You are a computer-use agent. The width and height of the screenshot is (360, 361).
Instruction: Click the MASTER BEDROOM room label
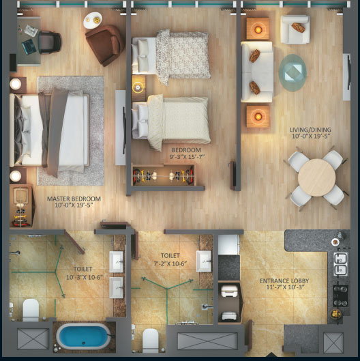[74, 199]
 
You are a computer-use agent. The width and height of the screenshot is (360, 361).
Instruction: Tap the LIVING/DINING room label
[310, 130]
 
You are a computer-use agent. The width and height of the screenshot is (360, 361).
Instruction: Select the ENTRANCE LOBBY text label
[284, 281]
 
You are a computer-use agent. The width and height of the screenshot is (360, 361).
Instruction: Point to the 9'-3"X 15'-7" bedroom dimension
[187, 157]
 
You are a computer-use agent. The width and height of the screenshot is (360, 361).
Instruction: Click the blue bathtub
[83, 336]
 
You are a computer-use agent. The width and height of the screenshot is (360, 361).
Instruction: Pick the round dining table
[317, 177]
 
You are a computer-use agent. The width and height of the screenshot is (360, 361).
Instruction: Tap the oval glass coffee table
[292, 72]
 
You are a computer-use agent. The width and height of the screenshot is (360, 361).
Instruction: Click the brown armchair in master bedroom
[105, 44]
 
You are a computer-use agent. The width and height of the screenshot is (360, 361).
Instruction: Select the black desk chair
[50, 42]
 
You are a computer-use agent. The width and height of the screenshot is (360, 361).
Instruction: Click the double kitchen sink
[341, 264]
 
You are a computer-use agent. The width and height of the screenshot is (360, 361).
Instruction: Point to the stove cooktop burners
[340, 296]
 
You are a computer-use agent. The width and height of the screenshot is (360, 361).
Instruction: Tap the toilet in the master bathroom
[31, 310]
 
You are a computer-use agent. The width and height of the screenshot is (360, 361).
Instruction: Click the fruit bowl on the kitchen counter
[336, 314]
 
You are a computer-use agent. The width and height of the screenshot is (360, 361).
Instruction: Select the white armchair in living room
[295, 29]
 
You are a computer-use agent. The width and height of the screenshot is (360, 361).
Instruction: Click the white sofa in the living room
[257, 72]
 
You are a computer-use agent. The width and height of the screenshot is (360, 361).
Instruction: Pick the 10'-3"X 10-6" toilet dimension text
[85, 278]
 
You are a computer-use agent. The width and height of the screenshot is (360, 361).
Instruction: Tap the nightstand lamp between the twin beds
[138, 87]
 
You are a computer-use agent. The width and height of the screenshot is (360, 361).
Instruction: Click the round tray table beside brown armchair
[93, 20]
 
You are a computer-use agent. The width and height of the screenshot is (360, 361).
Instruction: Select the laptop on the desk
[29, 46]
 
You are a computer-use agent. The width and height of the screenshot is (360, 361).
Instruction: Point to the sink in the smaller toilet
[204, 261]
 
